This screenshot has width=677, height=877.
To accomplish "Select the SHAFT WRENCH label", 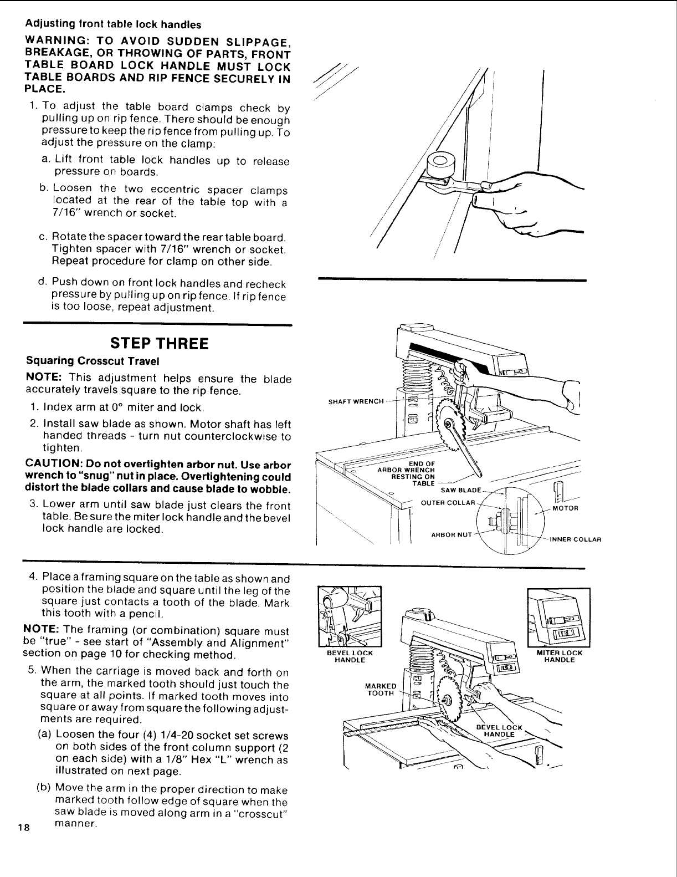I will click(x=356, y=402).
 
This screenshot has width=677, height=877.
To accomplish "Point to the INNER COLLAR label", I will click(x=576, y=539).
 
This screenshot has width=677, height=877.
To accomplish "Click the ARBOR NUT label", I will click(x=451, y=535).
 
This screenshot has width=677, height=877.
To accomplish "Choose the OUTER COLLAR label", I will click(x=449, y=503).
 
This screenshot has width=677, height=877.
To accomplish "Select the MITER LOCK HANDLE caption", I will click(x=560, y=656).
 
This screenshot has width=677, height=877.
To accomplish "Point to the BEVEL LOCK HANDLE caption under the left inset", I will click(x=350, y=656).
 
